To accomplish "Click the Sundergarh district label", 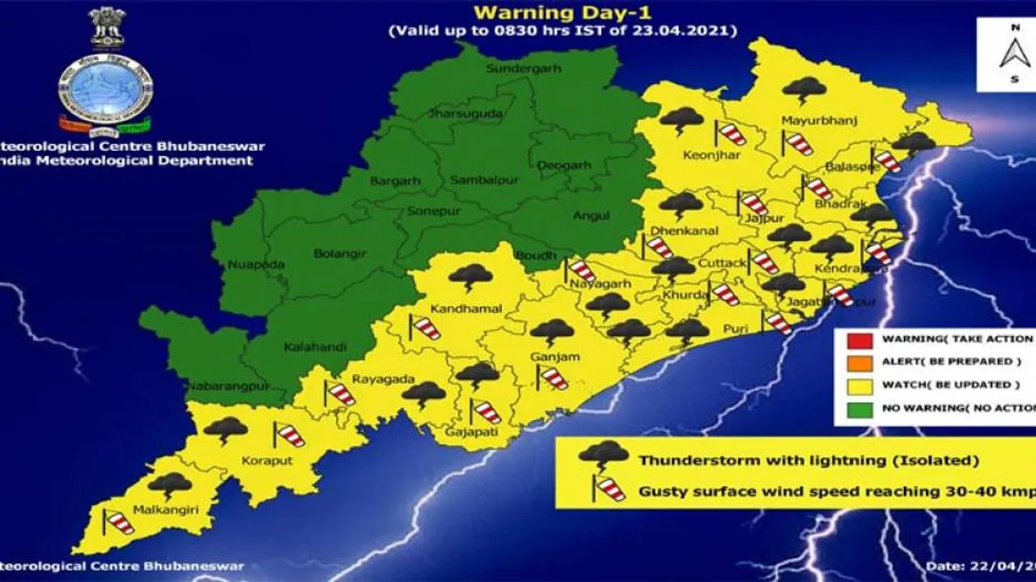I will point(523,69).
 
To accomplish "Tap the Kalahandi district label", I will point(315,347).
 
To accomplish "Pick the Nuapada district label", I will point(256,265).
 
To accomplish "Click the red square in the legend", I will point(862,339).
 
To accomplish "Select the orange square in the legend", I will point(862,362).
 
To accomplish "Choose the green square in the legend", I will point(862,409).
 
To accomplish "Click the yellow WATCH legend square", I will point(862,385).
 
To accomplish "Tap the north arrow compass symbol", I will point(1013,53).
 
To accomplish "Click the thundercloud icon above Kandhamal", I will point(470,278).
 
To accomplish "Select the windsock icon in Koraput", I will point(288,435).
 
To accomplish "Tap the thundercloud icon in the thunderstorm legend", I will point(603,456).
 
